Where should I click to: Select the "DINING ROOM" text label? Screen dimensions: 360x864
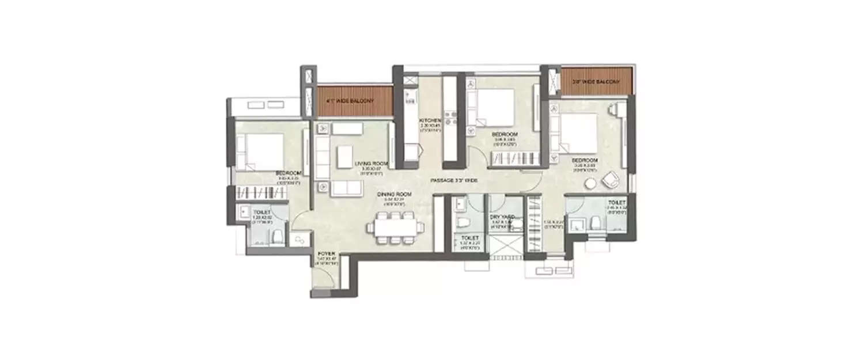click(393, 195)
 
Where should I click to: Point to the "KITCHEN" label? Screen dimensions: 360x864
click(430, 120)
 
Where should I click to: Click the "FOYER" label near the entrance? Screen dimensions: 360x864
click(326, 253)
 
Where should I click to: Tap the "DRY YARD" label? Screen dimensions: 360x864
click(502, 217)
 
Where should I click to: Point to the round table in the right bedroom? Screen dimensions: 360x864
click(591, 184)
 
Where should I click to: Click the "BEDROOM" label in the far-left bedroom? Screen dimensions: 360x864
click(286, 173)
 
